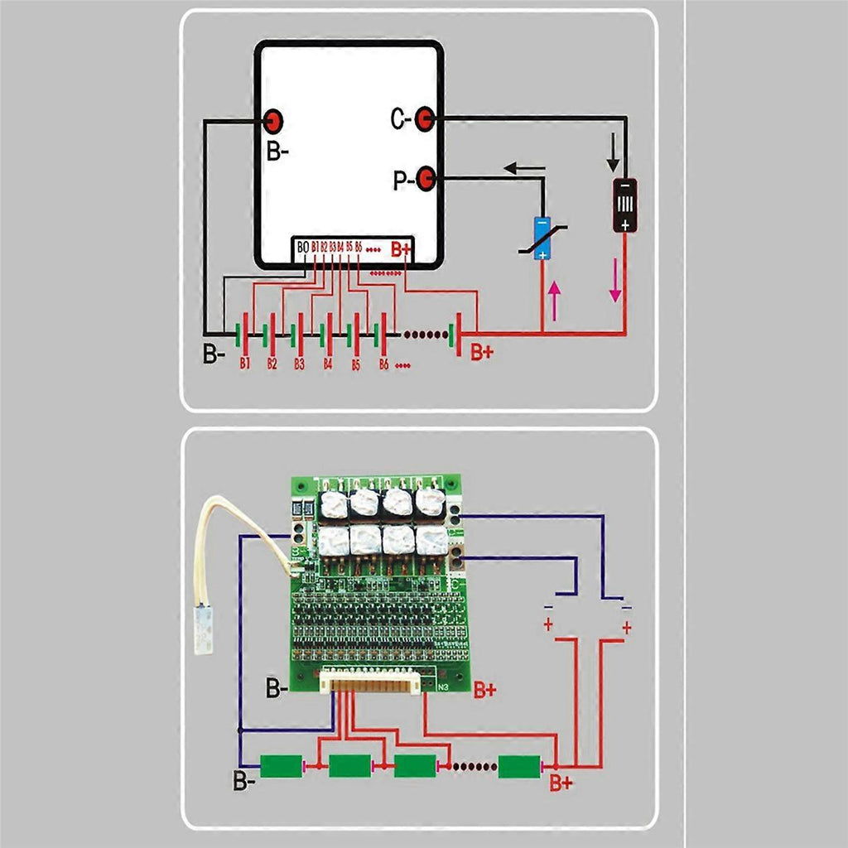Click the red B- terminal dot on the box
click(x=273, y=122)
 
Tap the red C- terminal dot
click(x=425, y=119)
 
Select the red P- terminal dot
click(x=426, y=177)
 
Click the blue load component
click(x=542, y=238)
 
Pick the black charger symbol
click(x=625, y=205)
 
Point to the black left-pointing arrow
click(x=524, y=169)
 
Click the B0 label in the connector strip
click(x=302, y=247)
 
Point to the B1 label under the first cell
click(x=245, y=364)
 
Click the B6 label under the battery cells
click(x=383, y=364)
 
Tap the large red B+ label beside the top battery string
click(x=482, y=352)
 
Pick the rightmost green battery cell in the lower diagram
click(x=520, y=766)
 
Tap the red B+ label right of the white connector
click(x=485, y=690)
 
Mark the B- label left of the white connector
click(x=278, y=687)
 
